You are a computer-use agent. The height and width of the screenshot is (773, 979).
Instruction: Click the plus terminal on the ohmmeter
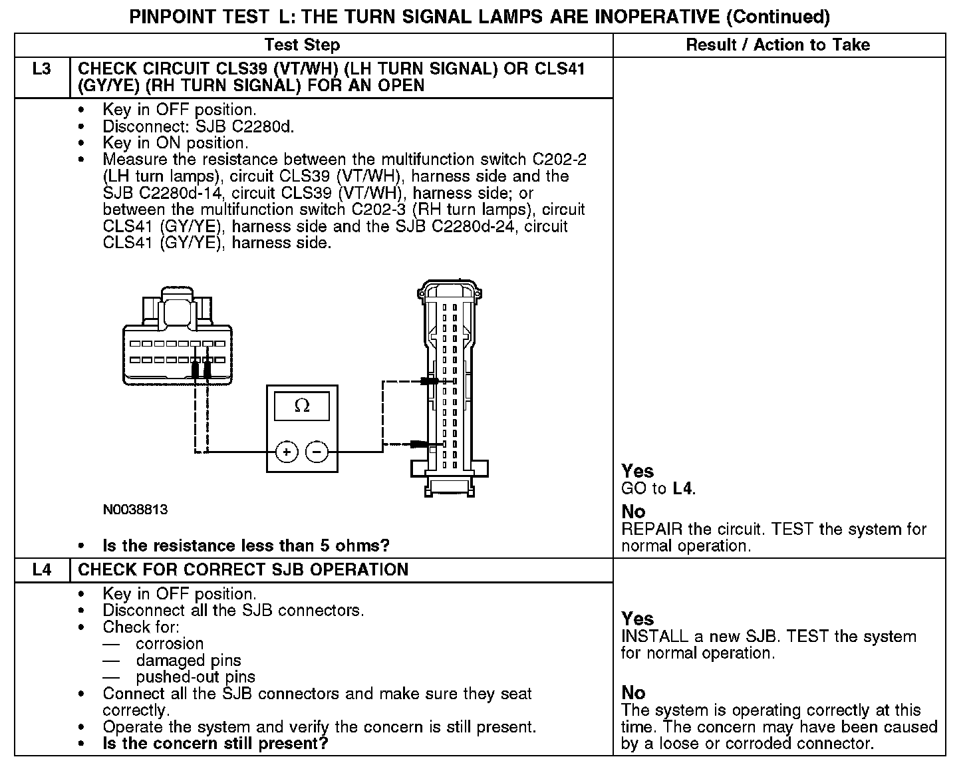(x=287, y=452)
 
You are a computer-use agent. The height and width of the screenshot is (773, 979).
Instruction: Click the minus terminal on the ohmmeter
(x=317, y=452)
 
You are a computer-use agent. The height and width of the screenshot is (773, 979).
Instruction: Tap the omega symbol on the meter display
(x=302, y=405)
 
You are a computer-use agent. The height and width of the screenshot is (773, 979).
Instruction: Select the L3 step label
(x=41, y=69)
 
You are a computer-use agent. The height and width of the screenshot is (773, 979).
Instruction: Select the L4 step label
(x=41, y=570)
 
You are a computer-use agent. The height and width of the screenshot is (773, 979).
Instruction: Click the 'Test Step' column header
(x=302, y=45)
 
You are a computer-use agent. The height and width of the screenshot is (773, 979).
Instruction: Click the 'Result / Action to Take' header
(x=777, y=45)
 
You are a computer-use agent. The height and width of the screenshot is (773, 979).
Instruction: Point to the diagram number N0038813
(x=135, y=510)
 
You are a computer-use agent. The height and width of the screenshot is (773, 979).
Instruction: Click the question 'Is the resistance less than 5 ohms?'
(x=246, y=546)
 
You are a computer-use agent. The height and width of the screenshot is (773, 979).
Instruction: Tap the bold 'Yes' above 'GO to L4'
(x=637, y=472)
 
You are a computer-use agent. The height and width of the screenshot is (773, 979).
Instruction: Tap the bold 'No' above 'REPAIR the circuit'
(x=633, y=512)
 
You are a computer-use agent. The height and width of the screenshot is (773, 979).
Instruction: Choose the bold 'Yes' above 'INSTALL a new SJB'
(x=637, y=619)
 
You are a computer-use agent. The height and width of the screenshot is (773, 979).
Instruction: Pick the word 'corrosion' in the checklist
(x=170, y=644)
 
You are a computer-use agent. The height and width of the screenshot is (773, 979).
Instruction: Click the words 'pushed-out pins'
(x=196, y=677)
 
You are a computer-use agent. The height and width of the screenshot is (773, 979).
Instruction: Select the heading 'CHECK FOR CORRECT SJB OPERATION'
(x=243, y=570)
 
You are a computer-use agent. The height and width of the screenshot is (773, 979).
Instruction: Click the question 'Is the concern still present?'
(x=215, y=743)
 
